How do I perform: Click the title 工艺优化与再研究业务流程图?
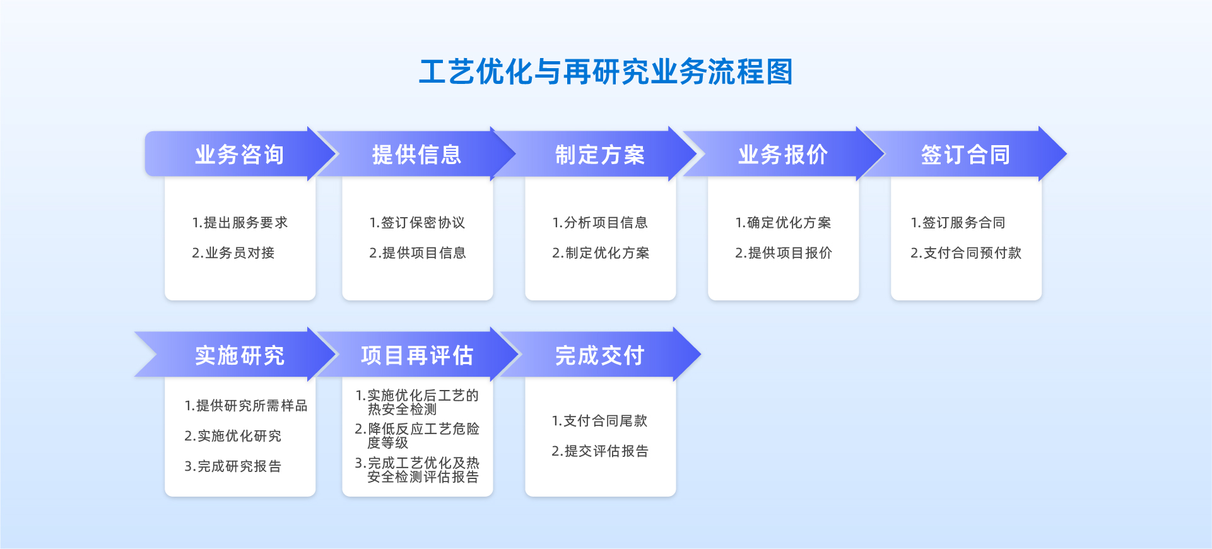[x=606, y=71]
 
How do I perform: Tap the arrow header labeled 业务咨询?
[x=240, y=154]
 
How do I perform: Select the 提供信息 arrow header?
[x=416, y=154]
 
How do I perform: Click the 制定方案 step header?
[x=599, y=154]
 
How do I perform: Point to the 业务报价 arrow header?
[x=783, y=154]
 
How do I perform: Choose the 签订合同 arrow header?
[x=965, y=154]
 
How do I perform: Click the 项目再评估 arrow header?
[x=416, y=355]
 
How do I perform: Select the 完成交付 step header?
[x=599, y=355]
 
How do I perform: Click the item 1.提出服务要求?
[x=240, y=223]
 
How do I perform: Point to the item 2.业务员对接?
[x=233, y=253]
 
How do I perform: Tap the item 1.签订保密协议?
[x=417, y=223]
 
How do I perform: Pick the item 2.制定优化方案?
[x=601, y=253]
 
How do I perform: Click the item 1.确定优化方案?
[x=783, y=223]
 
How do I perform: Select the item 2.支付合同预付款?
[x=966, y=253]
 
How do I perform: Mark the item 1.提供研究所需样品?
[x=246, y=406]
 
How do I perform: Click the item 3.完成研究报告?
[x=233, y=466]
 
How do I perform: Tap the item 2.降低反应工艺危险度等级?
[x=417, y=436]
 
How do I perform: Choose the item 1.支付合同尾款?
[x=599, y=421]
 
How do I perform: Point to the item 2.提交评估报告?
[x=600, y=451]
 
